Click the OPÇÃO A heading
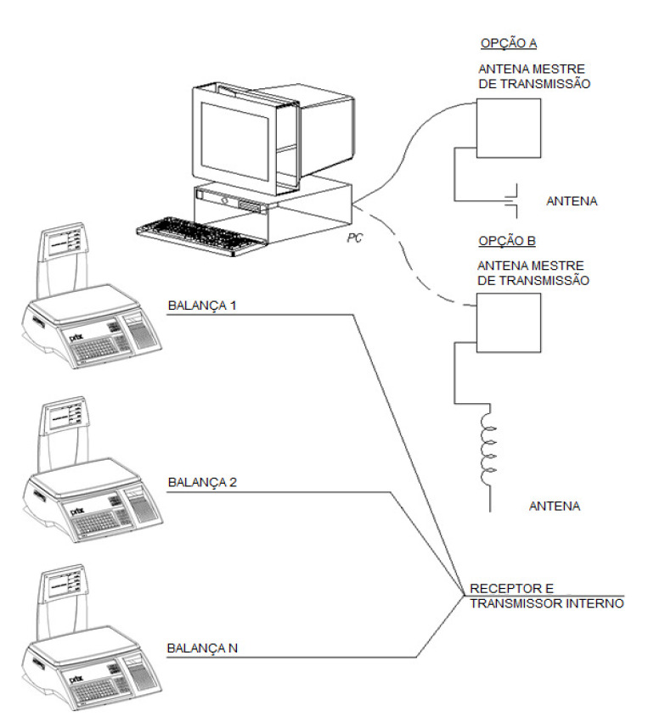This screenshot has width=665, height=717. [x=508, y=43]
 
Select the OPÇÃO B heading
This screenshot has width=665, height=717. [x=507, y=240]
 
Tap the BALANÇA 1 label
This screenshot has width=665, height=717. [x=202, y=305]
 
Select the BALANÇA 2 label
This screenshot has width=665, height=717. [x=202, y=483]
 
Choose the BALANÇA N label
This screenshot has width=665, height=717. [x=202, y=648]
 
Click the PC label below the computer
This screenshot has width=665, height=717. [x=354, y=238]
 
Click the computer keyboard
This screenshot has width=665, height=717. [x=201, y=236]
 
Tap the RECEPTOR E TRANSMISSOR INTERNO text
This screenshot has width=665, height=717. [x=546, y=596]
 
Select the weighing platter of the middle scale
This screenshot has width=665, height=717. [x=84, y=478]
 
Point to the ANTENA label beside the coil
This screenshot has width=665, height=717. [x=555, y=507]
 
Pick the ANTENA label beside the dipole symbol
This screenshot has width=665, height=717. [x=572, y=201]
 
